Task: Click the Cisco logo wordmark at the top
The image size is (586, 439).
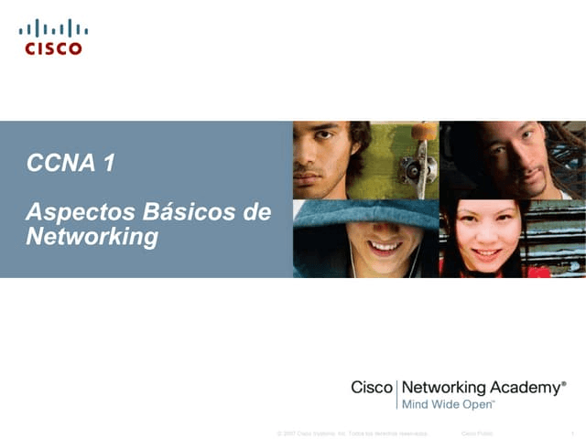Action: pos(53,48)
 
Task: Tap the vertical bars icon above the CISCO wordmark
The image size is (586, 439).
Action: pos(53,28)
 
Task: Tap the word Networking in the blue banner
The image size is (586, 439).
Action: pos(92,237)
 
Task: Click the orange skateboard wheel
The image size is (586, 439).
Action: pos(424,133)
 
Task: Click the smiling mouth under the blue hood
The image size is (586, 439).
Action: pos(385,246)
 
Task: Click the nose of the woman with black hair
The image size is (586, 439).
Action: pos(485,240)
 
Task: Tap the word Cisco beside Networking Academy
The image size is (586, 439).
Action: pos(371,388)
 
